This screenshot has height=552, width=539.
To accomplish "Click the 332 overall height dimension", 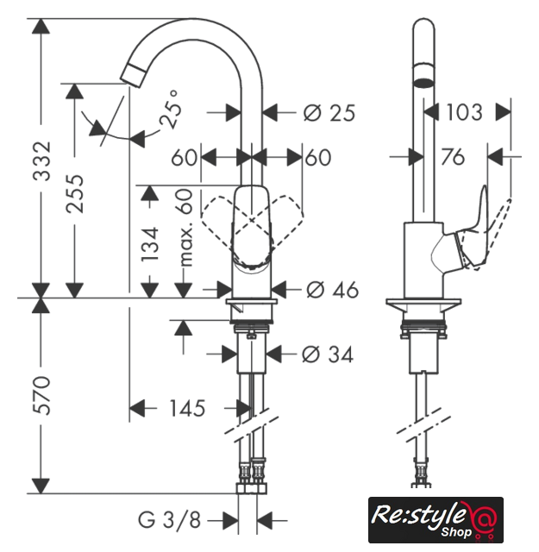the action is tap(42, 160).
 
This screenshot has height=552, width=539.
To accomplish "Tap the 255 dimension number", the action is tap(75, 193).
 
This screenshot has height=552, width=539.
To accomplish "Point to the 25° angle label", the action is tap(171, 110).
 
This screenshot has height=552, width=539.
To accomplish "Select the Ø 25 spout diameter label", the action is tap(329, 113).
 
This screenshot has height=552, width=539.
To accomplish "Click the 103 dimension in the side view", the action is tap(464, 112).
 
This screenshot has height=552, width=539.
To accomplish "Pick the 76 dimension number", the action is tap(453, 157).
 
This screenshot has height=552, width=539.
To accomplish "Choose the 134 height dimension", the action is tap(150, 244).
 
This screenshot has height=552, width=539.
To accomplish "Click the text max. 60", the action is tap(185, 228).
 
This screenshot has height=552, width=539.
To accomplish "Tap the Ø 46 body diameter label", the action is tap(332, 290).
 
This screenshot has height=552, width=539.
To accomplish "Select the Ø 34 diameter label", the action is tap(328, 354).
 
